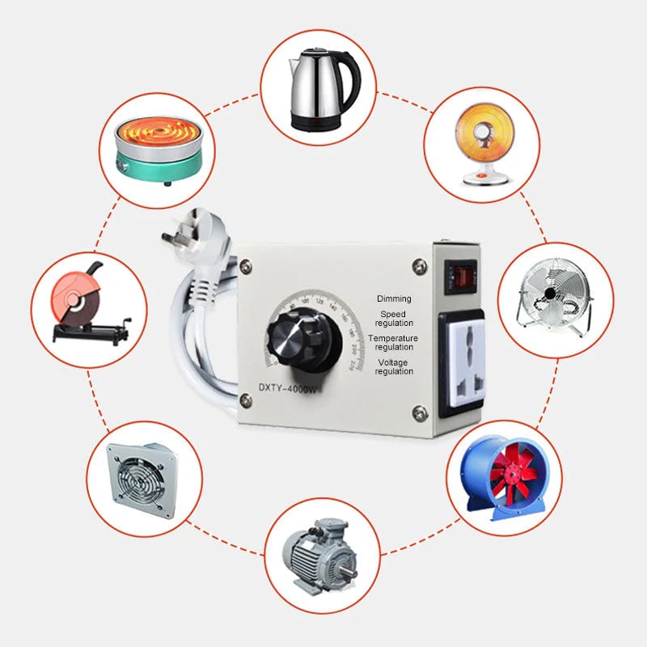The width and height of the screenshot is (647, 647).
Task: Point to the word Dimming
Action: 394,298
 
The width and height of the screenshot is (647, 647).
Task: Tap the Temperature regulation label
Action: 393,342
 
